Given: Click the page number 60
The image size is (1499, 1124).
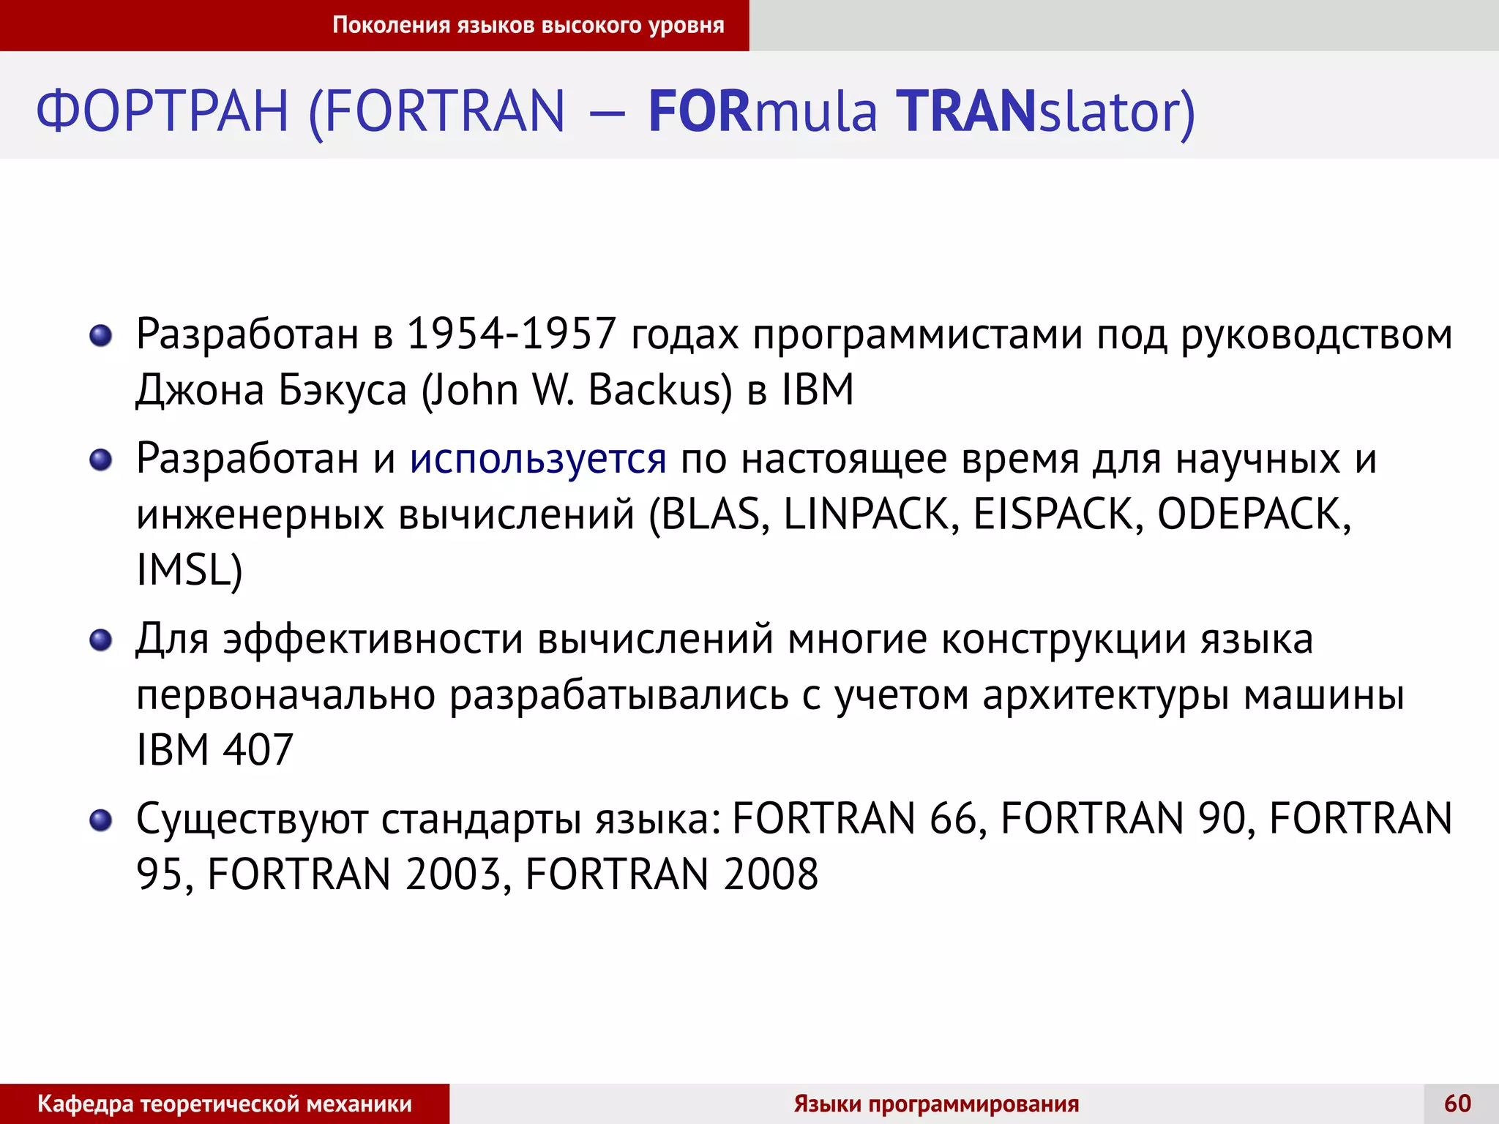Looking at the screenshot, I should coord(1457,1103).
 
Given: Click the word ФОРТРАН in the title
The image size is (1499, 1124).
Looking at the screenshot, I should coord(162,111).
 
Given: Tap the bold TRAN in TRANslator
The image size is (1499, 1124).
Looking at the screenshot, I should coord(967,111).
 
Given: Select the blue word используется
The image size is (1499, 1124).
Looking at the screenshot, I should coord(538,460).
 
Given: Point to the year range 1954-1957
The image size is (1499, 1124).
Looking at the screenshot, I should coord(511,334).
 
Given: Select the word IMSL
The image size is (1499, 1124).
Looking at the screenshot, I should coord(184,570).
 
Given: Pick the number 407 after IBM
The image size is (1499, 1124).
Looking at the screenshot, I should coord(258,750).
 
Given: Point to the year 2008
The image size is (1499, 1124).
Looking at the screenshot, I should coord(771,874).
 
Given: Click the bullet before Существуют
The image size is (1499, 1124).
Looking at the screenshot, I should coord(100,820).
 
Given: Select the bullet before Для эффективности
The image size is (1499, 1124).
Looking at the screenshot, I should coord(100,641).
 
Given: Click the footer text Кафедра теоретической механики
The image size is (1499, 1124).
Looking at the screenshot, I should coord(225,1104).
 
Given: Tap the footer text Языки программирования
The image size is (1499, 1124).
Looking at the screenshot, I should coord(936,1104).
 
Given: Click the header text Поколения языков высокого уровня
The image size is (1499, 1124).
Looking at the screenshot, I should coord(528,25).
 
